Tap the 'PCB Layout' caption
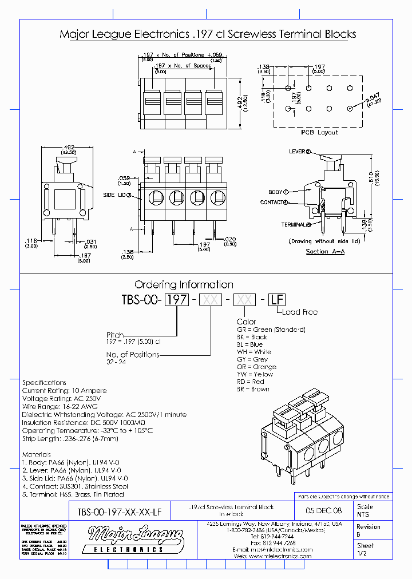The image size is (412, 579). point(319,132)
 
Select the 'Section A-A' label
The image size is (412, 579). point(325,251)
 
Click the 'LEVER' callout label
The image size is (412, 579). point(299,152)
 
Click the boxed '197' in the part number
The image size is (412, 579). point(177,300)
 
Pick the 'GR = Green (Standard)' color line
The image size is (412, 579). point(271,330)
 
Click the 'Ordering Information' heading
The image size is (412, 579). point(184,284)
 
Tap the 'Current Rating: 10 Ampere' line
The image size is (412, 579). point(64,390)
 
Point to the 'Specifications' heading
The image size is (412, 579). point(44,382)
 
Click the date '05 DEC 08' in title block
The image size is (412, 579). point(323,510)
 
